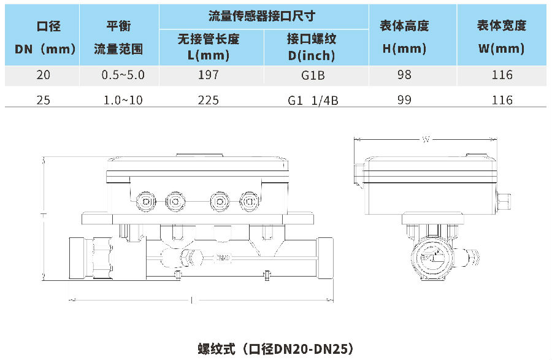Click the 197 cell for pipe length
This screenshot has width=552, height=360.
click(x=209, y=75)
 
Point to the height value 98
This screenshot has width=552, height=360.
click(x=404, y=75)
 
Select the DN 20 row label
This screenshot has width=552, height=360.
click(x=44, y=75)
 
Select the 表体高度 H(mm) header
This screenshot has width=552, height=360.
click(x=404, y=37)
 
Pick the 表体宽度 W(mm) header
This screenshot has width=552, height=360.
click(x=502, y=37)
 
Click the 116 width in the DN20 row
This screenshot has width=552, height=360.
click(x=502, y=75)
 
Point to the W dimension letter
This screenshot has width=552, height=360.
click(x=425, y=140)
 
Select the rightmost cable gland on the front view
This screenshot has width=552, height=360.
click(x=248, y=201)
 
